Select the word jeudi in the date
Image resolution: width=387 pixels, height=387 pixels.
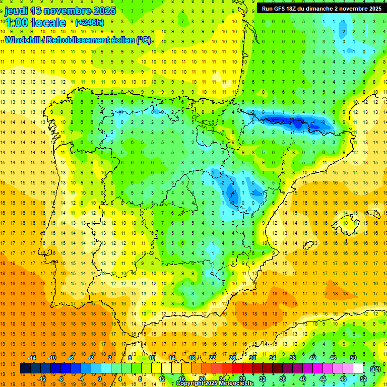[x=16, y=11]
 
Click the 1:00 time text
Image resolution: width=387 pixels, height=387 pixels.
[x=16, y=23]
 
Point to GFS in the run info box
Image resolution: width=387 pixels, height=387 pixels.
[x=281, y=9]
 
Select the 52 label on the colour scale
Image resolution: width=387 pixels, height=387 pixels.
[x=363, y=378]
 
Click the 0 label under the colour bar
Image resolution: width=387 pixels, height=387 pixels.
[x=100, y=378]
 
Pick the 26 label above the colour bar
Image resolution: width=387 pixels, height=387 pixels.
[x=232, y=358]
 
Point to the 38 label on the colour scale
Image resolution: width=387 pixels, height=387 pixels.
[x=292, y=358]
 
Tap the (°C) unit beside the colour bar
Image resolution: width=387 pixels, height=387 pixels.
[x=375, y=369]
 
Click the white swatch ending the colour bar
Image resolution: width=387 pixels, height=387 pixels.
[x=358, y=368]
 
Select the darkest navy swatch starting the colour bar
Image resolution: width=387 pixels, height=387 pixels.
[x=25, y=368]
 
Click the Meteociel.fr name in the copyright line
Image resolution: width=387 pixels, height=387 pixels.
[x=239, y=383]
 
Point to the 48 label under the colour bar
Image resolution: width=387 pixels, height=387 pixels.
[x=343, y=378]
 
